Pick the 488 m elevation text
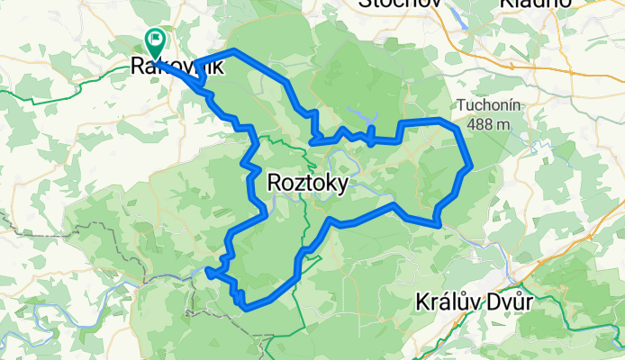[488, 123]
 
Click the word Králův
[447, 301]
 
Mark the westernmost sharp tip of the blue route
[208, 269]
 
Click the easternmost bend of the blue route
[470, 166]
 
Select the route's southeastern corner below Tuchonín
[437, 222]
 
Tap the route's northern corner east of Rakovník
[234, 50]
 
